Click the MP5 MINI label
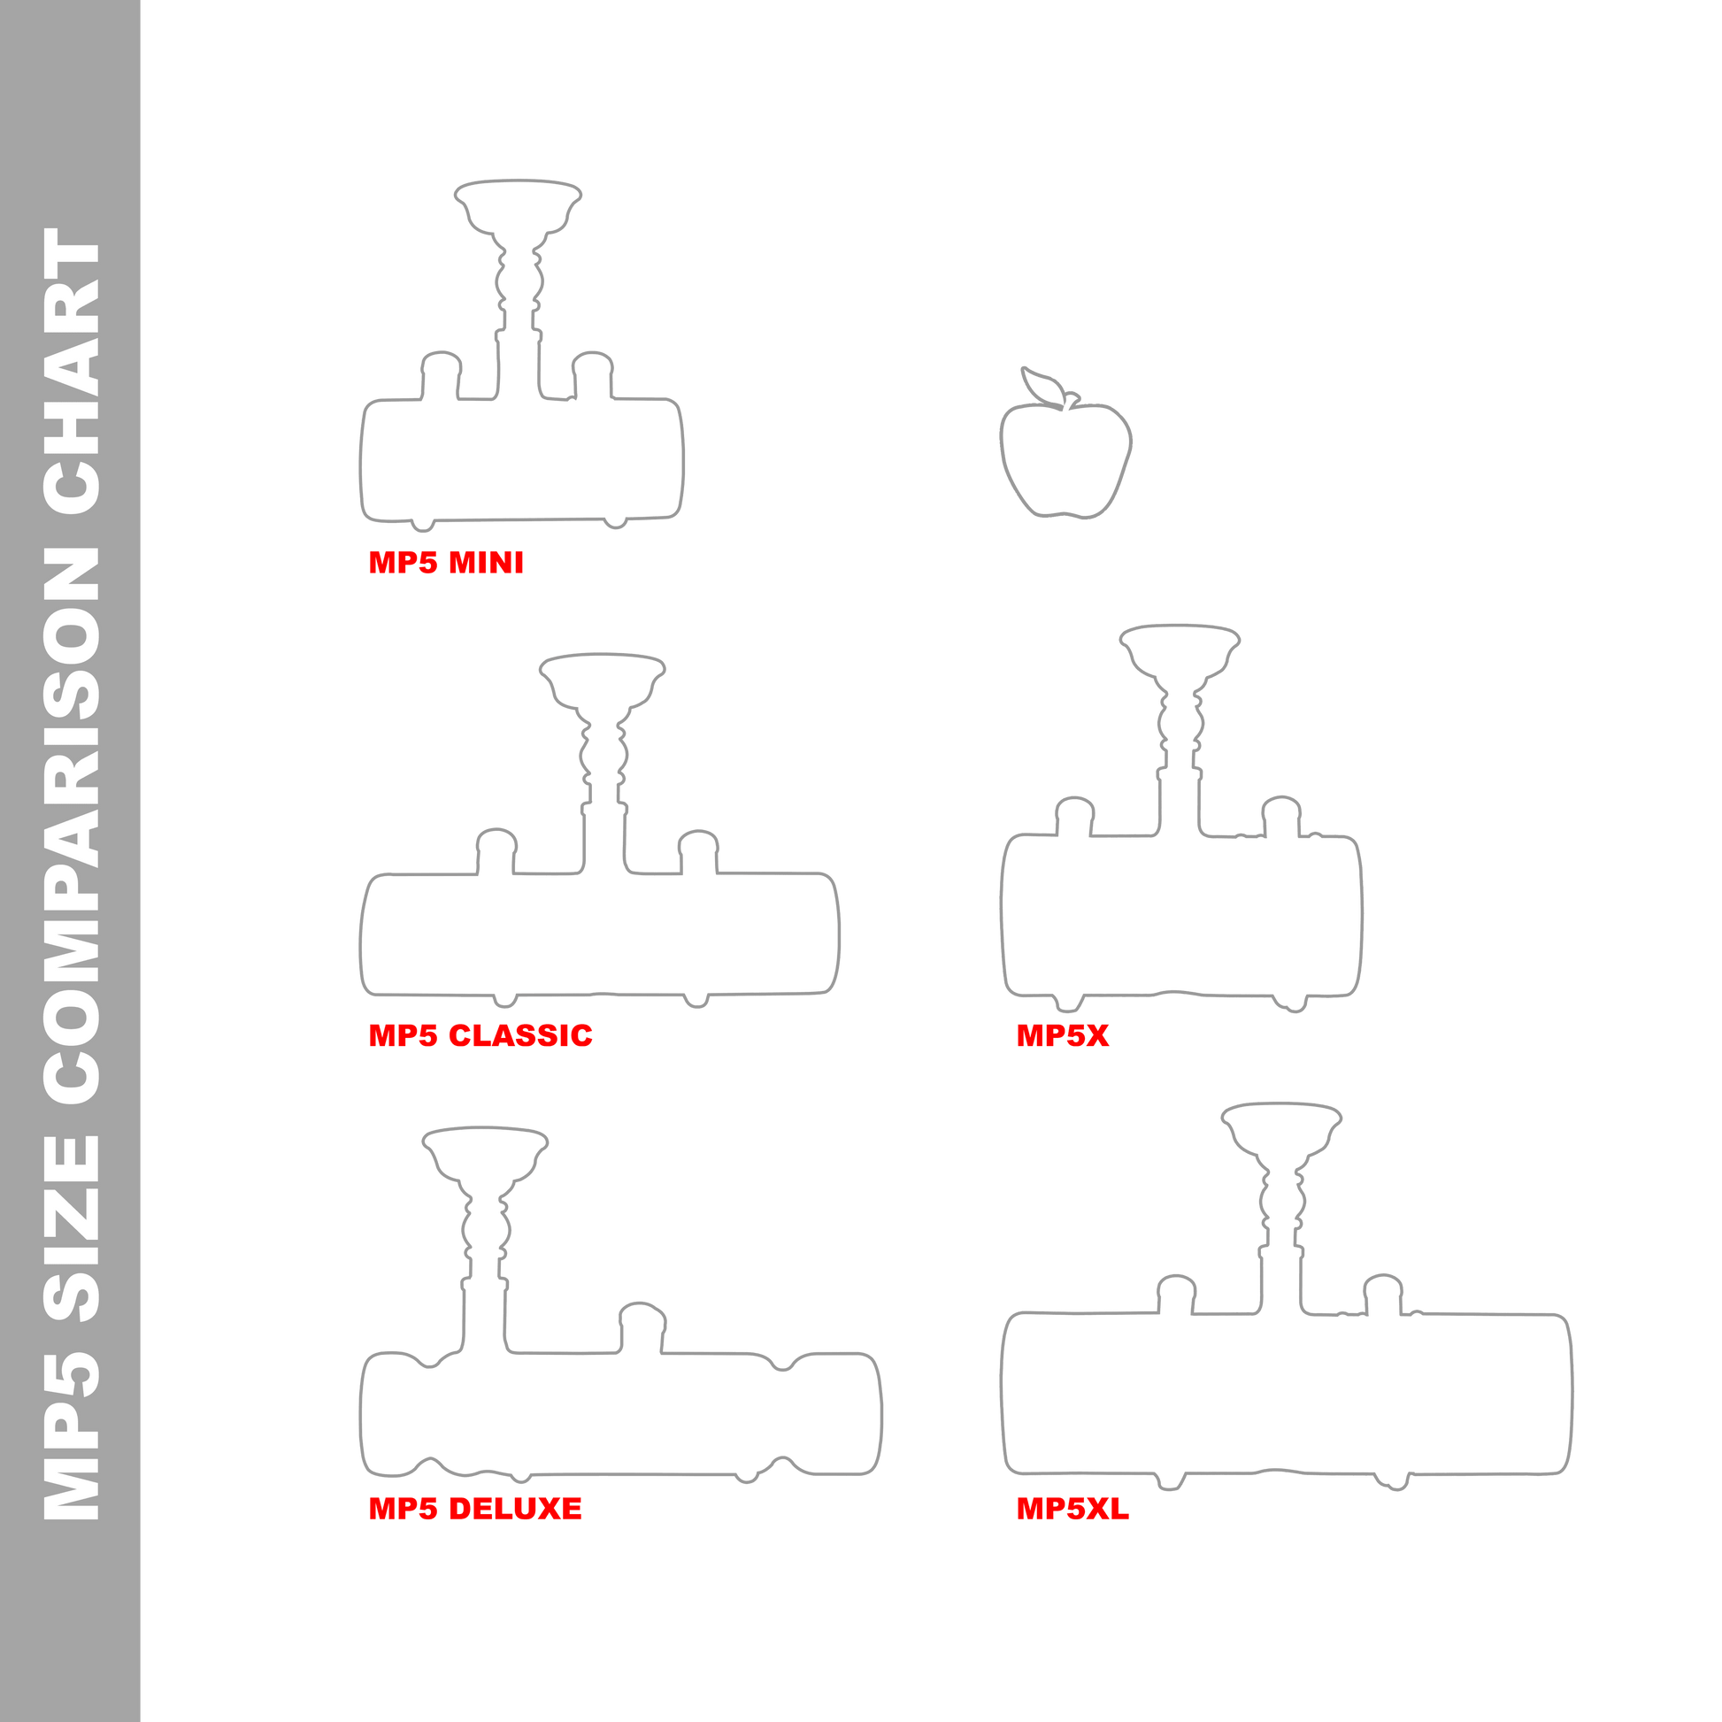tap(447, 563)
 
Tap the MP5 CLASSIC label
tap(480, 1035)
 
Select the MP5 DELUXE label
tap(475, 1509)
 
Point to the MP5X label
tap(1063, 1035)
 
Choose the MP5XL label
tap(1073, 1509)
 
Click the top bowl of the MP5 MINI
tap(518, 181)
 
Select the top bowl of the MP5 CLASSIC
tap(603, 655)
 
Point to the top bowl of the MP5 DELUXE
tap(485, 1128)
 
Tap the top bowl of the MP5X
tap(1180, 627)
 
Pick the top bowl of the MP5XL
tap(1281, 1105)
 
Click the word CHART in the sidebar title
tap(72, 372)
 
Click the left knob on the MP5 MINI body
tap(442, 354)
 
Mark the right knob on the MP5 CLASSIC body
tap(698, 833)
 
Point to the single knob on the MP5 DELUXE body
tap(642, 1305)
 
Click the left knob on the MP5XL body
tap(1176, 1277)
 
